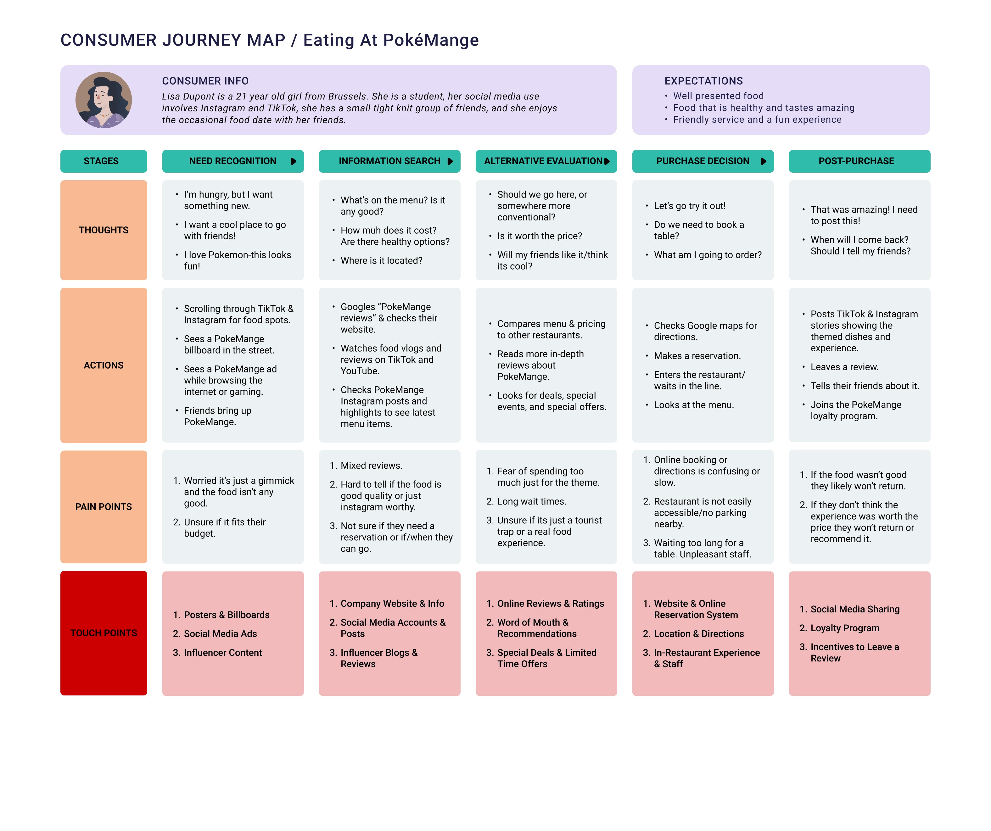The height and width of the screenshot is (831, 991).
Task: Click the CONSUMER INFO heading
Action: (x=205, y=81)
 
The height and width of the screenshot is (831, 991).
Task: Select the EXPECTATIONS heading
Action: (x=703, y=81)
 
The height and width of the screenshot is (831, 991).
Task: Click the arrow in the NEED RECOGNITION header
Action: (x=293, y=161)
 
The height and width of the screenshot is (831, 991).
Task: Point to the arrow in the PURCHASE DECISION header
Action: (x=763, y=161)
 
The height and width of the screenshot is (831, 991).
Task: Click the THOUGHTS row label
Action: (x=103, y=230)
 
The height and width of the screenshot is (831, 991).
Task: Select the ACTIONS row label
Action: (x=103, y=365)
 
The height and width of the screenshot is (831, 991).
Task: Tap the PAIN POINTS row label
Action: (x=103, y=507)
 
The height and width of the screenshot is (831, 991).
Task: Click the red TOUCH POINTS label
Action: (x=103, y=633)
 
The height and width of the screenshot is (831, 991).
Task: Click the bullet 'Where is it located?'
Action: (x=381, y=260)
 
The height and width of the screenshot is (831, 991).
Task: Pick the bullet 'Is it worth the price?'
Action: (x=539, y=236)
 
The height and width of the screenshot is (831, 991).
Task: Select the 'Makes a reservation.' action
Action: (x=697, y=356)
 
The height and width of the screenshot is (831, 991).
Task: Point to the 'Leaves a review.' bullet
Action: (x=844, y=367)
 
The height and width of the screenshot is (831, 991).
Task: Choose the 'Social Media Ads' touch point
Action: (x=220, y=634)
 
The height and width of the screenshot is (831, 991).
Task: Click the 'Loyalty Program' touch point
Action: (x=845, y=628)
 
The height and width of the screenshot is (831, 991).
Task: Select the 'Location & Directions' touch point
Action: (x=698, y=634)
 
